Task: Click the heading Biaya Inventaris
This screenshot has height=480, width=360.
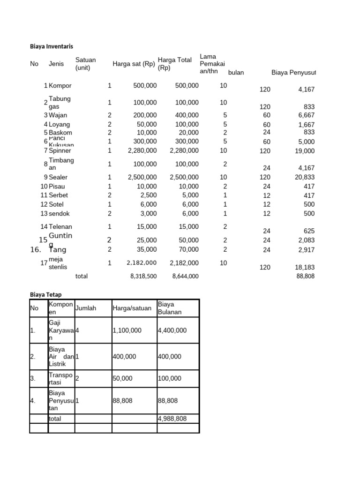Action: coord(52,46)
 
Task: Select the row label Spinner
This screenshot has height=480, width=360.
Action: coord(60,150)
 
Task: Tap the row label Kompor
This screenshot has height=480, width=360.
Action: coord(60,86)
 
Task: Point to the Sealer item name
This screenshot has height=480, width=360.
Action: coord(58,177)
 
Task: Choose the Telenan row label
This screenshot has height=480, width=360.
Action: coord(60,226)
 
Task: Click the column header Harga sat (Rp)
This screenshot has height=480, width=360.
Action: coord(134,64)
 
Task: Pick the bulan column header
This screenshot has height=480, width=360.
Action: coord(236,72)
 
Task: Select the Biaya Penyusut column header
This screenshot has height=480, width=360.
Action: coord(293,72)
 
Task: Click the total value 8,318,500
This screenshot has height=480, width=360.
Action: coord(143,277)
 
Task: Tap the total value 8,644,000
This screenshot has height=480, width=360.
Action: coord(185,277)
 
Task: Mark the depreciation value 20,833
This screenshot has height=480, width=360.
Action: coord(306,177)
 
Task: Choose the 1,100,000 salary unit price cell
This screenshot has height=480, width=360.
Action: coord(127,330)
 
